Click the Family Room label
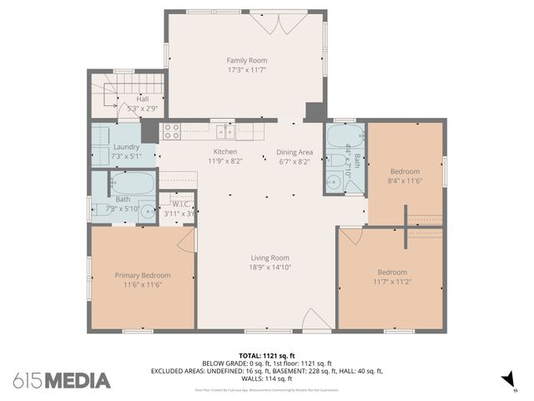coord(247,60)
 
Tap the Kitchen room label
coord(224,151)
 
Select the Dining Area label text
coord(295,152)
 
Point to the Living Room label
coord(269,257)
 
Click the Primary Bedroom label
coord(143,275)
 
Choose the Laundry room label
coord(126,147)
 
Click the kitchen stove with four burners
coord(172,130)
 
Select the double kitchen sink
coord(224,130)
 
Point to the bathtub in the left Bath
coord(133,182)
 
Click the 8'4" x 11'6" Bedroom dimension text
coord(405,180)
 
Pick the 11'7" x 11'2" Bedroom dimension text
coord(391,282)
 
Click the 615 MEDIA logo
coord(62,381)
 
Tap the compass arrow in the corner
coord(506,381)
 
